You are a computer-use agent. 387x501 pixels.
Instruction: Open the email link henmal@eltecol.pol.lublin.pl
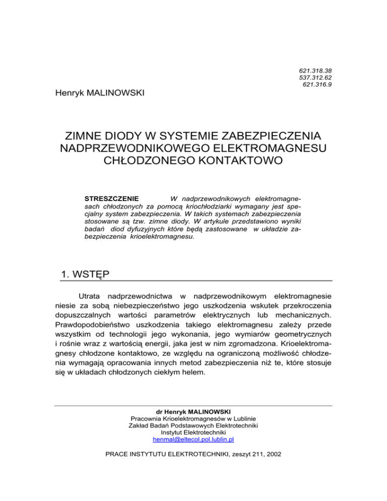[x=193, y=440]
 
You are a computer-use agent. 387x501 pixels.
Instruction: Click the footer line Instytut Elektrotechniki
[x=193, y=432]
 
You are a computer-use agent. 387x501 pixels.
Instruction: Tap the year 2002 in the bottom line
[x=272, y=455]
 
